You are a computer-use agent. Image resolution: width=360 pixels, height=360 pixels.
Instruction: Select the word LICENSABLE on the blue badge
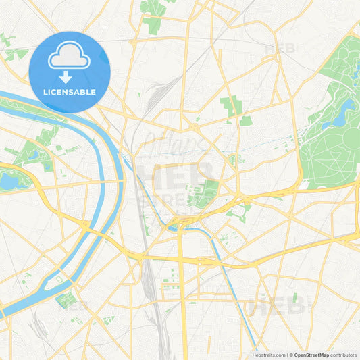70,92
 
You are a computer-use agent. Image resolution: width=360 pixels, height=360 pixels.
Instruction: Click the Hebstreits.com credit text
268,355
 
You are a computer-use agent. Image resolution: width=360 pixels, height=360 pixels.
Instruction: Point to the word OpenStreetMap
311,355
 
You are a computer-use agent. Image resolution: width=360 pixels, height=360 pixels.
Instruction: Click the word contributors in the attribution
342,355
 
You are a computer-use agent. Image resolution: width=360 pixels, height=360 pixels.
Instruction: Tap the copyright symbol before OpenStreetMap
290,355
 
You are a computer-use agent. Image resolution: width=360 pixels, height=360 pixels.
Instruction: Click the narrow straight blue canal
226,270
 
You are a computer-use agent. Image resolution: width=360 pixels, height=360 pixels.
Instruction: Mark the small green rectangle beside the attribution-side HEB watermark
294,297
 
